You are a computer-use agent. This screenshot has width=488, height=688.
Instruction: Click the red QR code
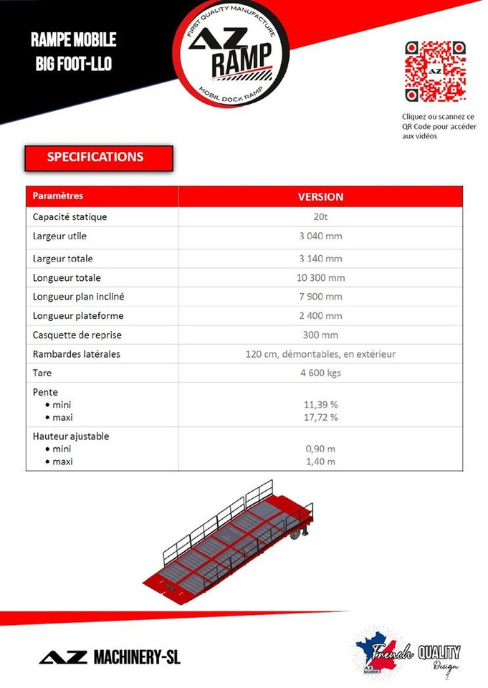click(435, 72)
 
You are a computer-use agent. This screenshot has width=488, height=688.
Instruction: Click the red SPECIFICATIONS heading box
click(99, 158)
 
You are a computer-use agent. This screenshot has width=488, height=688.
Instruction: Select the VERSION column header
click(320, 196)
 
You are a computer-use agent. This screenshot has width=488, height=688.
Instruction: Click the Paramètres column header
click(58, 196)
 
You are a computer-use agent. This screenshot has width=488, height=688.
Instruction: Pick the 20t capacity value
click(320, 217)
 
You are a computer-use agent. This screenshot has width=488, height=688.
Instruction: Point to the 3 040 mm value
click(320, 236)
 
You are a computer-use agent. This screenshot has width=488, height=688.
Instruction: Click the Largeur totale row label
click(63, 259)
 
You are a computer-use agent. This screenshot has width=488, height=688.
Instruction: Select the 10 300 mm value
click(320, 278)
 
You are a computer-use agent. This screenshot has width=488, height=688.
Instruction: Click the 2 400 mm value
click(320, 316)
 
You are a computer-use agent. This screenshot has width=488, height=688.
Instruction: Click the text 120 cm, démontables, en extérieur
click(320, 354)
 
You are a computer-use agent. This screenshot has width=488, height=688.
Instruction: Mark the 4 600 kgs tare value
click(320, 373)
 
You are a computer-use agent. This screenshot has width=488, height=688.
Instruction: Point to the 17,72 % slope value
click(320, 417)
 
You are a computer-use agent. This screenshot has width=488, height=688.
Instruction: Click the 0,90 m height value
click(320, 449)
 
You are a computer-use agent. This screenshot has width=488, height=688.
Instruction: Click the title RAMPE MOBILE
click(74, 39)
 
